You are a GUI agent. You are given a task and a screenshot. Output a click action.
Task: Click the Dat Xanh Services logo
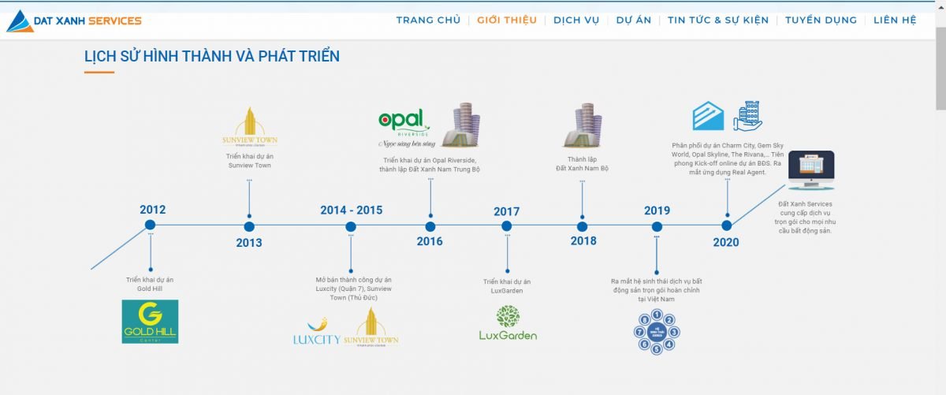pyautogui.click(x=74, y=21)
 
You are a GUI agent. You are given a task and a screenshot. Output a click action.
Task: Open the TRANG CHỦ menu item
pyautogui.click(x=428, y=20)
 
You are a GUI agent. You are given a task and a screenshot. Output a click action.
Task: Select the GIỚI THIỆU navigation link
pyautogui.click(x=507, y=20)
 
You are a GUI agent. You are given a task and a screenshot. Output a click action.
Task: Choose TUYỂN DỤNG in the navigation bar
pyautogui.click(x=821, y=20)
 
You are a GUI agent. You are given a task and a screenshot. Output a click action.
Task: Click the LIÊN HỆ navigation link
pyautogui.click(x=895, y=20)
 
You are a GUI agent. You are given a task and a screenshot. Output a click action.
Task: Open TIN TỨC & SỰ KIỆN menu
pyautogui.click(x=717, y=20)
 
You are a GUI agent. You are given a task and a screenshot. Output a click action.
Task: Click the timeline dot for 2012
pyautogui.click(x=150, y=225)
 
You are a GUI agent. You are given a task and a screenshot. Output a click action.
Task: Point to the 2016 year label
pyautogui.click(x=430, y=242)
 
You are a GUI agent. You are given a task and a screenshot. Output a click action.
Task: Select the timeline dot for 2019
pyautogui.click(x=657, y=226)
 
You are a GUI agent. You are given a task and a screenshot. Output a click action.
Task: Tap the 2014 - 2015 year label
pyautogui.click(x=351, y=210)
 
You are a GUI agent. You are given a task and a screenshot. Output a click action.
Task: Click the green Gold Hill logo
pyautogui.click(x=150, y=321)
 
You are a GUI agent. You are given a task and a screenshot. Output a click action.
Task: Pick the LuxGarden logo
pyautogui.click(x=508, y=323)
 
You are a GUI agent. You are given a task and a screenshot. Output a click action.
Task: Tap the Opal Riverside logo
pyautogui.click(x=404, y=125)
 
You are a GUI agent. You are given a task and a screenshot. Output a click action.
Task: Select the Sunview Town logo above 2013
pyautogui.click(x=249, y=127)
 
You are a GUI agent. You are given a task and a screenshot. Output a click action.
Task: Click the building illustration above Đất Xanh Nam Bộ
pyautogui.click(x=582, y=125)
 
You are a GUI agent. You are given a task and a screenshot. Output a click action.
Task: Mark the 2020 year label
pyautogui.click(x=726, y=242)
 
